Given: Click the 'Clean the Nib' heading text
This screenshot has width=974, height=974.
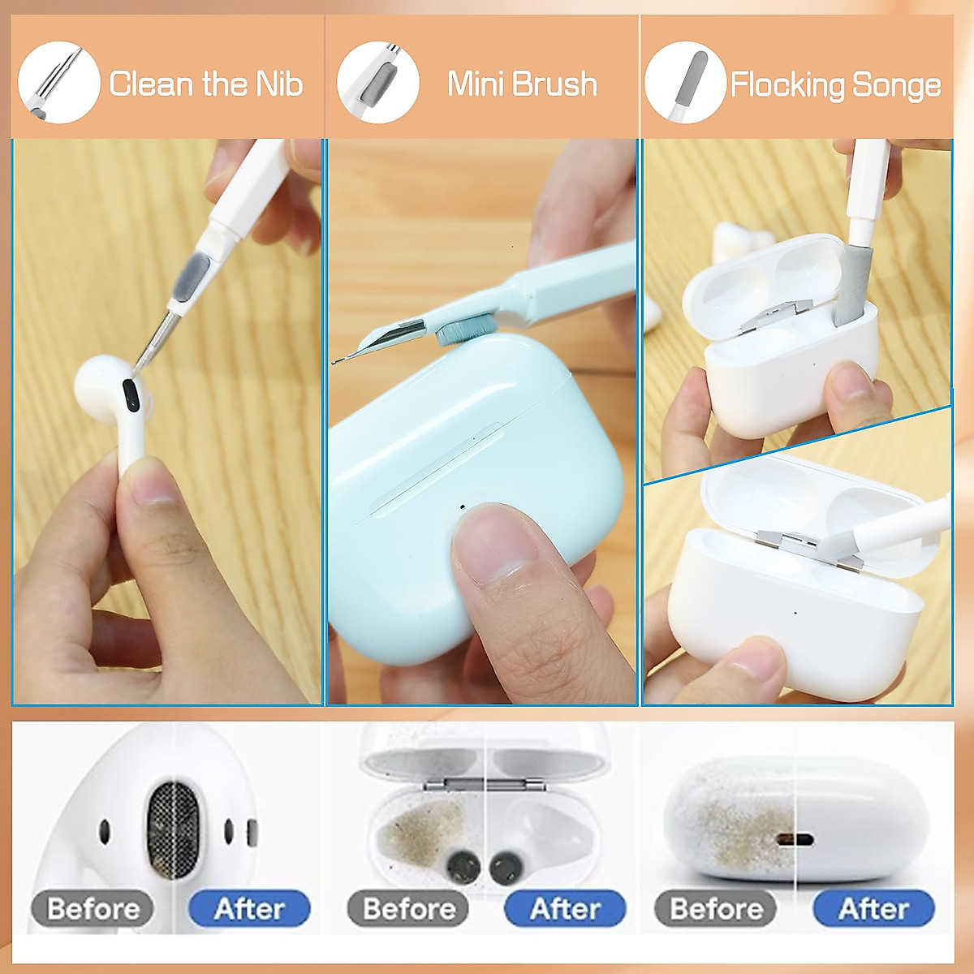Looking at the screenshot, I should coord(205,84).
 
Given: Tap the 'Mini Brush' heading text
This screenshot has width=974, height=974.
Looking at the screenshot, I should coord(522,84).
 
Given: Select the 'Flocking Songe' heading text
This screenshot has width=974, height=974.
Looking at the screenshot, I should coord(835,85).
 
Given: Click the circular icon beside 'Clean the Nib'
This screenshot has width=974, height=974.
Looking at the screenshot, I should coord(58,82).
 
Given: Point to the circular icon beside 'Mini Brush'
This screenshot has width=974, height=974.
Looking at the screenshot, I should coord(378,82).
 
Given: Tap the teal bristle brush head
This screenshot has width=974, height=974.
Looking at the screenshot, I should coord(460,329).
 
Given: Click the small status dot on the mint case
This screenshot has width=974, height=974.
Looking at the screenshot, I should coord(463,507).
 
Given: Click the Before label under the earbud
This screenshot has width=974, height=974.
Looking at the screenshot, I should coord(93,908).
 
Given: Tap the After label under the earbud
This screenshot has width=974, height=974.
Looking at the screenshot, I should coord(249,908).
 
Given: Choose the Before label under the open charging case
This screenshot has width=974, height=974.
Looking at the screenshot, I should coord(408,908).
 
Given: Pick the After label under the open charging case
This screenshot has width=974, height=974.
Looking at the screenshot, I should coord(565,908).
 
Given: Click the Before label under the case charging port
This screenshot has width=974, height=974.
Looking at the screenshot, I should coord(716,908).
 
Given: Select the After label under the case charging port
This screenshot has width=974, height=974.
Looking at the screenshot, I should coord(873,908).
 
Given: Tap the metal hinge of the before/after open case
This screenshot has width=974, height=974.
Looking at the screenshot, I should coord(484,784).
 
